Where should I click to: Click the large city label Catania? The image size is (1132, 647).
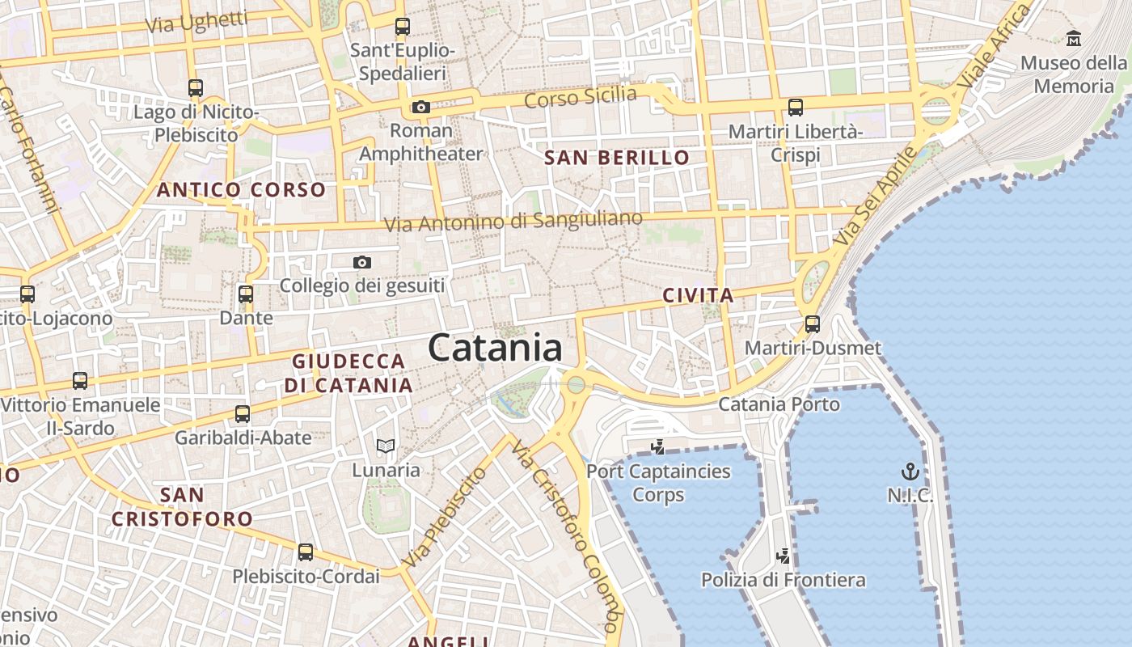(x=495, y=348)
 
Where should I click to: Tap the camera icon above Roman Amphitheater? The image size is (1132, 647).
(x=420, y=107)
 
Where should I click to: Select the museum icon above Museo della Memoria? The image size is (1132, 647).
(x=1074, y=38)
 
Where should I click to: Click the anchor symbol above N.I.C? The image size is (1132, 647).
(x=910, y=471)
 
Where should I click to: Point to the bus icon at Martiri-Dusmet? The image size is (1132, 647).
(x=813, y=324)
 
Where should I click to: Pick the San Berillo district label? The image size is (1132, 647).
(x=617, y=158)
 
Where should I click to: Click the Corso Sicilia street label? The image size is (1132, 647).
(x=580, y=97)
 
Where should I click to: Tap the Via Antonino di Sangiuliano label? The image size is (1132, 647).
(x=513, y=221)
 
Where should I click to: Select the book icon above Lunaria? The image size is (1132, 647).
(x=386, y=446)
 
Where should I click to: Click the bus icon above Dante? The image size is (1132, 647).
(x=246, y=294)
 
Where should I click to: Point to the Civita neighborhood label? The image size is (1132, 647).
(x=698, y=296)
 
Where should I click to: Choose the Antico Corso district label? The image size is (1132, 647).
(x=241, y=190)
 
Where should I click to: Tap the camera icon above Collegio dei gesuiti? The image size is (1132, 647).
(x=362, y=262)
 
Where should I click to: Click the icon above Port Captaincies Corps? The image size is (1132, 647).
(x=658, y=446)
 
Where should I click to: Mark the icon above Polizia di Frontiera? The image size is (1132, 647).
(x=783, y=556)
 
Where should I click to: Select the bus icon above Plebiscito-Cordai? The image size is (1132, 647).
(x=305, y=552)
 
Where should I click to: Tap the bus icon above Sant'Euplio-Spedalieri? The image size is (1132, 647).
(x=402, y=26)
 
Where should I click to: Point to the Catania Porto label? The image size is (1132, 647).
(x=779, y=404)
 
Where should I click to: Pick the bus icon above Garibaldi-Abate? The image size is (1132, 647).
(x=242, y=414)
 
